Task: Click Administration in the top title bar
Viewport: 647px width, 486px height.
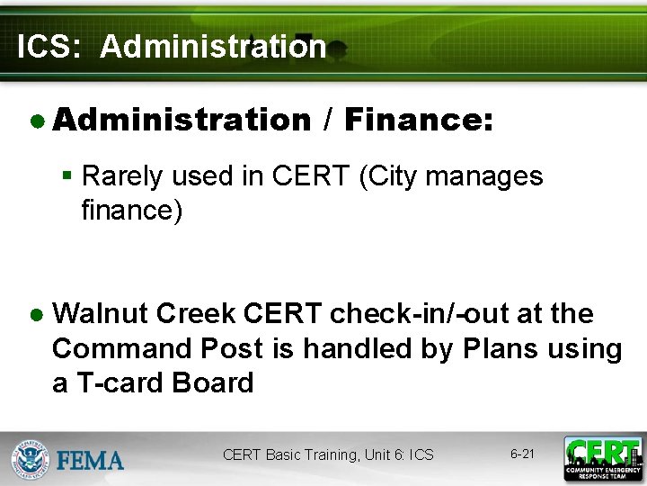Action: (x=213, y=46)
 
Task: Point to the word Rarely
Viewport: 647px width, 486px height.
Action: (x=121, y=175)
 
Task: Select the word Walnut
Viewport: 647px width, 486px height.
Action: (x=100, y=314)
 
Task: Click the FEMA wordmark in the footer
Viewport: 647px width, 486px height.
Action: (x=90, y=461)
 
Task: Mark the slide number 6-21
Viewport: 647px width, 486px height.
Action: (x=522, y=454)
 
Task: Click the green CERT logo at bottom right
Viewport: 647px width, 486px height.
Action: (x=602, y=458)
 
